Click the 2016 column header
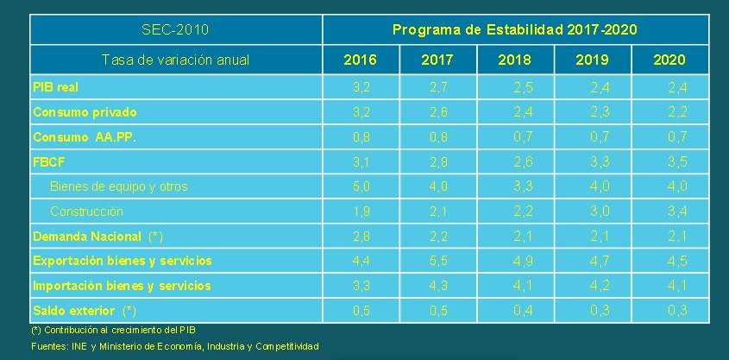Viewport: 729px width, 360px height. (x=360, y=60)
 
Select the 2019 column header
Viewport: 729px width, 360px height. (x=592, y=60)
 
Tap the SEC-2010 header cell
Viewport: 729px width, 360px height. (x=175, y=30)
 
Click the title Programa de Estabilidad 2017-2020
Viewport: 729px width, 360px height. (x=515, y=30)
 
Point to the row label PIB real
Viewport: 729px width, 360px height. (x=56, y=87)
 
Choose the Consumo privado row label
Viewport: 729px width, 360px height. (x=85, y=112)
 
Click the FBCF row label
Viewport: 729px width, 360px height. (x=49, y=161)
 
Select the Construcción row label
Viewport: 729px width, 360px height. (x=86, y=211)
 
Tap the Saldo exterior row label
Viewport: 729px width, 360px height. (x=85, y=310)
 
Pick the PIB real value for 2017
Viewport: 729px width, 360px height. (x=437, y=87)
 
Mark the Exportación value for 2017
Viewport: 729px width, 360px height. (x=437, y=261)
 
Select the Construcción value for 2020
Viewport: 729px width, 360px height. (x=676, y=211)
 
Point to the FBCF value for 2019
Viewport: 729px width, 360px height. (x=600, y=161)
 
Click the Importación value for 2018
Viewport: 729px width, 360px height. (x=522, y=286)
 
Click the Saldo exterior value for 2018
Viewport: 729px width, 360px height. (x=522, y=310)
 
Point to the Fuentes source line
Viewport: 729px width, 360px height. (x=175, y=346)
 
